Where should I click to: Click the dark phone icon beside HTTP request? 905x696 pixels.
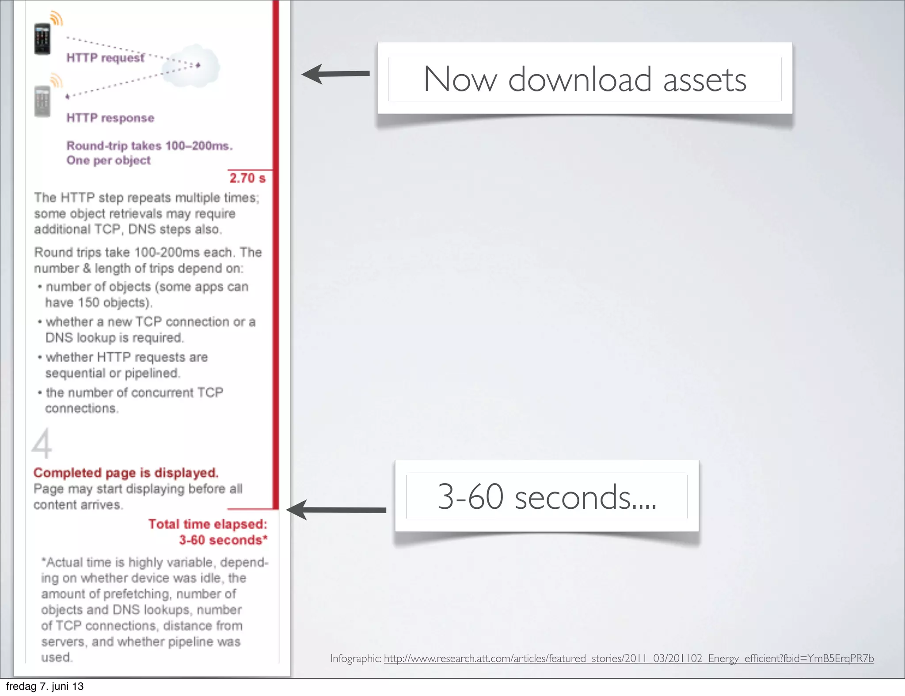pyautogui.click(x=42, y=39)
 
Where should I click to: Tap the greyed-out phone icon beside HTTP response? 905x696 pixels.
pyautogui.click(x=42, y=101)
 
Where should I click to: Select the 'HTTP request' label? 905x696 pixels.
pyautogui.click(x=105, y=58)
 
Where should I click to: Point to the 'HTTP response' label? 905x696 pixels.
pyautogui.click(x=110, y=118)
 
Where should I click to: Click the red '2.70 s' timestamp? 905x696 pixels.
pyautogui.click(x=247, y=178)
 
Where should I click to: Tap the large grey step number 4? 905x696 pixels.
pyautogui.click(x=42, y=444)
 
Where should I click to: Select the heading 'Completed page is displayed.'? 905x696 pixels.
pyautogui.click(x=126, y=473)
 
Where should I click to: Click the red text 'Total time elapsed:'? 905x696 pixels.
pyautogui.click(x=208, y=524)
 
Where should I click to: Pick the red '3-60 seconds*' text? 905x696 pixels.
pyautogui.click(x=223, y=540)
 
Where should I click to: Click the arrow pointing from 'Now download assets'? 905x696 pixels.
pyautogui.click(x=336, y=74)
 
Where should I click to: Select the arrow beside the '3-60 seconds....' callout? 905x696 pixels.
pyautogui.click(x=336, y=510)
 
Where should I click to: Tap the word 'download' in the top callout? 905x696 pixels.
pyautogui.click(x=580, y=79)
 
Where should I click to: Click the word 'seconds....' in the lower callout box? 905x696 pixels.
pyautogui.click(x=586, y=497)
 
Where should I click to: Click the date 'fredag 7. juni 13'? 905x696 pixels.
pyautogui.click(x=45, y=686)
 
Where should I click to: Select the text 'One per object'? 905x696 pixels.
pyautogui.click(x=109, y=160)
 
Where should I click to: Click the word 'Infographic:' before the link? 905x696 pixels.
pyautogui.click(x=356, y=658)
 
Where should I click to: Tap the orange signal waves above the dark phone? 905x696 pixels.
pyautogui.click(x=56, y=19)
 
